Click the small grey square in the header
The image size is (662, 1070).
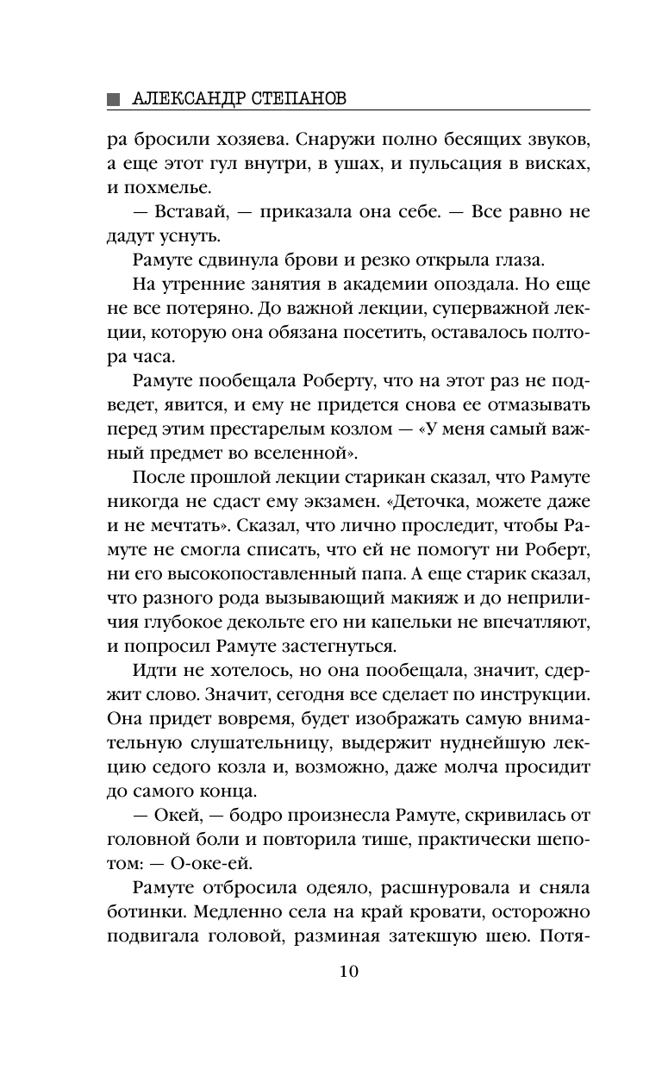click(x=113, y=99)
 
